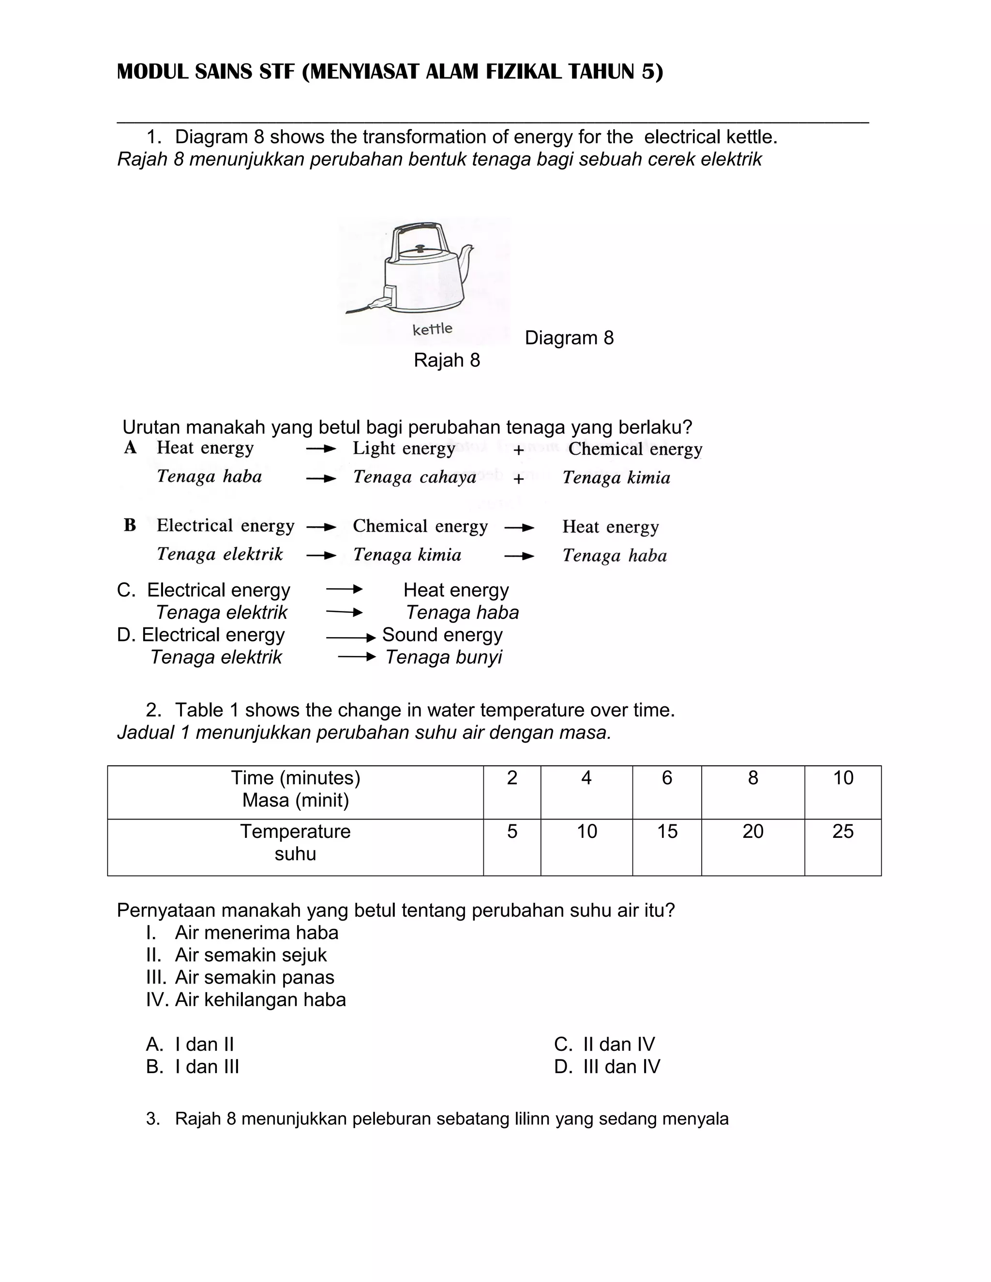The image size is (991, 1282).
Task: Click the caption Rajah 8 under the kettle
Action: pyautogui.click(x=447, y=360)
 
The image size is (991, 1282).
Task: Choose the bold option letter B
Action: pyautogui.click(x=130, y=525)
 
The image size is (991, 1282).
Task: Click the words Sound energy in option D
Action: pyautogui.click(x=442, y=635)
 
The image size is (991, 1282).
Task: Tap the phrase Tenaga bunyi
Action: pyautogui.click(x=443, y=657)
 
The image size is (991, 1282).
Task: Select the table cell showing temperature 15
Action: pyautogui.click(x=667, y=832)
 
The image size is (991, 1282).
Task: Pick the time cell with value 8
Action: pyautogui.click(x=752, y=778)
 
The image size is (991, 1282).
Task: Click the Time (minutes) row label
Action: pyautogui.click(x=295, y=778)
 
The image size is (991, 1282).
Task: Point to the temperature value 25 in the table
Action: pyautogui.click(x=842, y=832)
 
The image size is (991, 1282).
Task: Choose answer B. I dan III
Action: pyautogui.click(x=193, y=1067)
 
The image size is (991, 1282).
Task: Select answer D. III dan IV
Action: pyautogui.click(x=607, y=1067)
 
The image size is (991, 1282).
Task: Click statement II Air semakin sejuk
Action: pyautogui.click(x=236, y=955)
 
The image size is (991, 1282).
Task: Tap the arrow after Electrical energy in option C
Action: pyautogui.click(x=344, y=589)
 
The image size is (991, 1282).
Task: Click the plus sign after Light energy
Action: pyautogui.click(x=518, y=450)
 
